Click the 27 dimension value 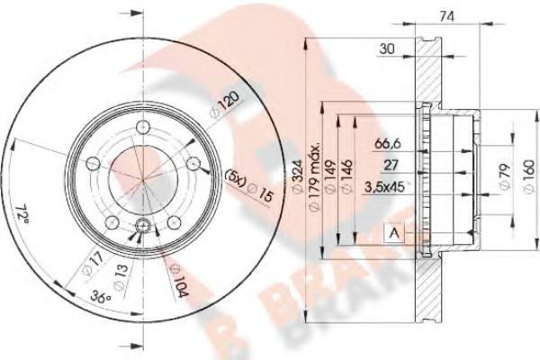391,165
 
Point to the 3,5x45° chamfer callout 383,188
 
